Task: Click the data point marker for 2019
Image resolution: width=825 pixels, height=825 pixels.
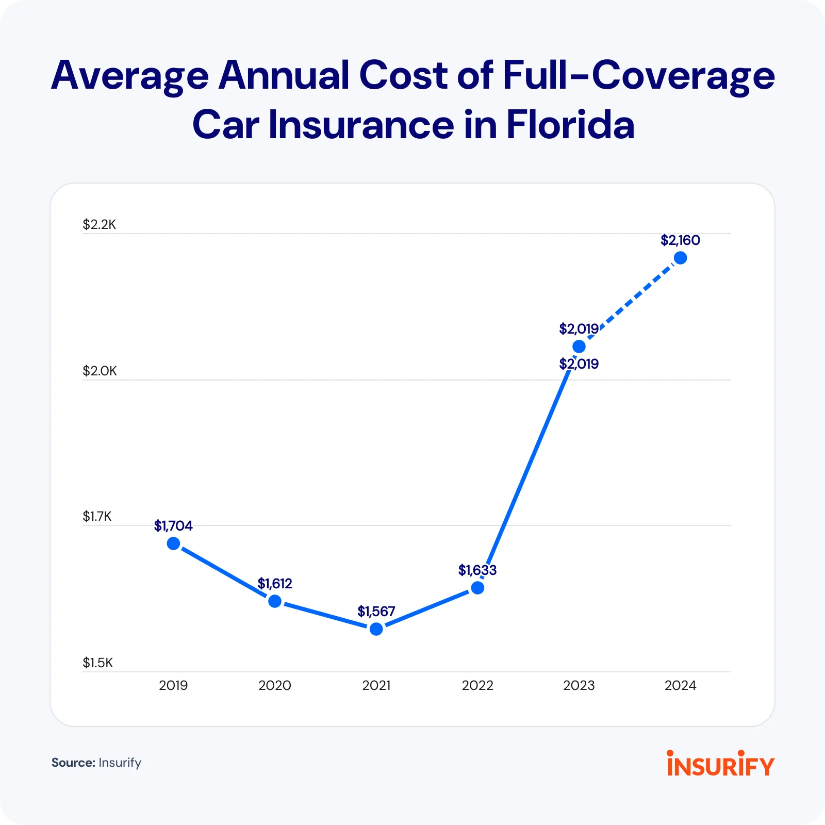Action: [x=174, y=543]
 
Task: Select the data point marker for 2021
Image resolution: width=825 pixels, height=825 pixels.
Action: [x=376, y=629]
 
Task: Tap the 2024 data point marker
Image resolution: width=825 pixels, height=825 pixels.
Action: [x=681, y=258]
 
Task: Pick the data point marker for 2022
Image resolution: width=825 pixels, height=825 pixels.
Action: [x=478, y=588]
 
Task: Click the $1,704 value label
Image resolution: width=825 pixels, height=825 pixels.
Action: [x=173, y=526]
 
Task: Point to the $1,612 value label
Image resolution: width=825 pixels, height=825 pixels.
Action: [x=275, y=584]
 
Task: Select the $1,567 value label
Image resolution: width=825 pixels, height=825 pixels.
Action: [x=376, y=612]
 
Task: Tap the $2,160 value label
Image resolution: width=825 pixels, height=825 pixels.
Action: [x=681, y=240]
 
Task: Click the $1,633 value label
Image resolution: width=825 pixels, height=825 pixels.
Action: [x=477, y=570]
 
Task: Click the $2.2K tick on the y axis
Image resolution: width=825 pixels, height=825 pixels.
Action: [x=100, y=224]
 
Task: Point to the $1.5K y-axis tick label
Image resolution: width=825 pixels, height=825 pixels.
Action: [x=98, y=663]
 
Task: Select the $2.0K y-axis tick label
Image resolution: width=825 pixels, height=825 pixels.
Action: [x=100, y=371]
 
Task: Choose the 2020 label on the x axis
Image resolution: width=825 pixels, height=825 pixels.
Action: [x=275, y=685]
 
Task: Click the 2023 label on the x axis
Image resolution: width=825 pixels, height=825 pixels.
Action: [x=579, y=685]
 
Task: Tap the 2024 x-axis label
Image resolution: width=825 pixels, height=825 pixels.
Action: [x=681, y=685]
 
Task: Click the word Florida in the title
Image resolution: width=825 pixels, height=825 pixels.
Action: [x=570, y=125]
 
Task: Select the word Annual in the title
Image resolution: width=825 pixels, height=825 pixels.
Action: [x=284, y=75]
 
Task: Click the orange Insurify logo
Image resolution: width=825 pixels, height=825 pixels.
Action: [x=720, y=764]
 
